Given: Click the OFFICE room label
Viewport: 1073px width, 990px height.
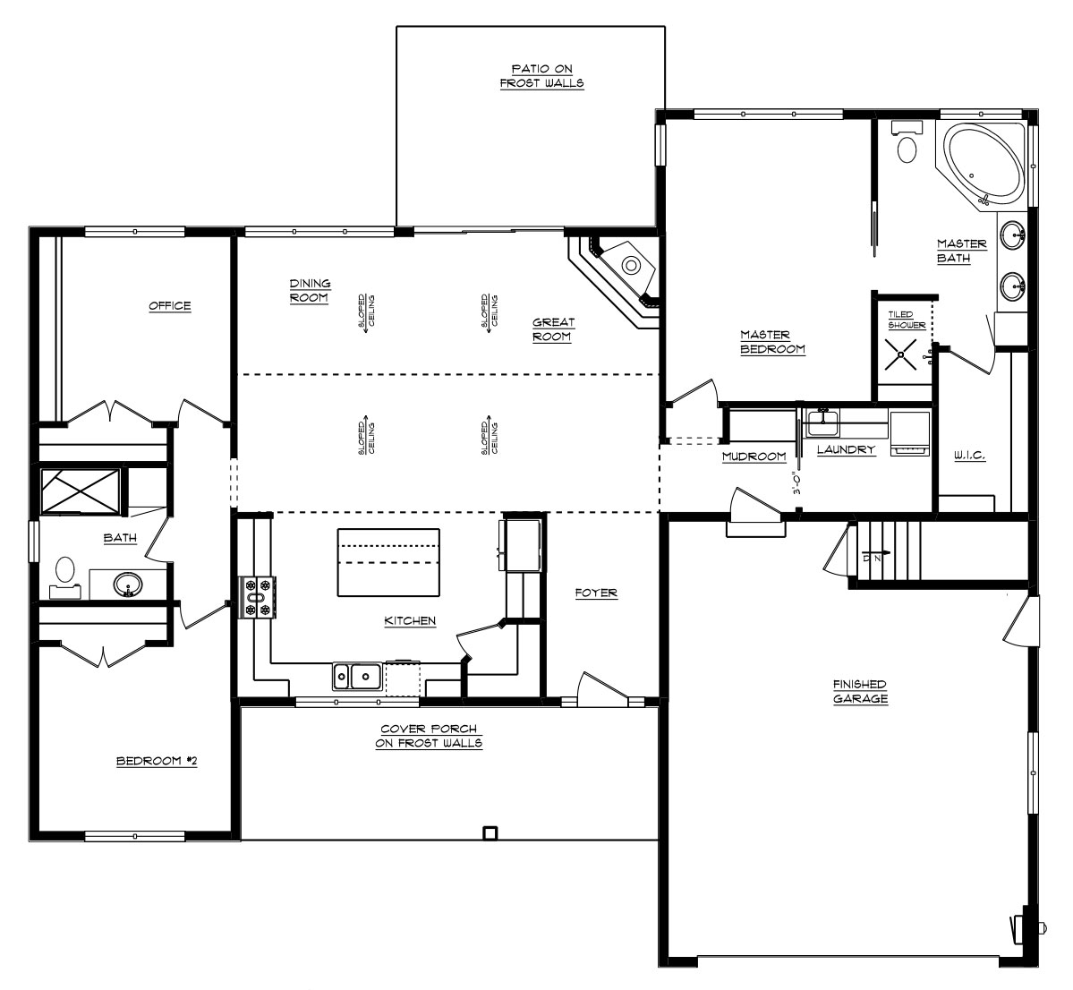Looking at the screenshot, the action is pyautogui.click(x=170, y=306).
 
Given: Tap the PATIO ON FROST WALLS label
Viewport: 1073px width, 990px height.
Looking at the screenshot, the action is pyautogui.click(x=542, y=76).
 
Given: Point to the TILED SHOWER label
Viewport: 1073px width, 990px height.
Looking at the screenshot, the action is pyautogui.click(x=907, y=320).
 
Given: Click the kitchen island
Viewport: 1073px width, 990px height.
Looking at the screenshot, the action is pyautogui.click(x=388, y=562).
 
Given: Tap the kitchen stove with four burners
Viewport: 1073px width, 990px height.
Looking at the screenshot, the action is pyautogui.click(x=258, y=597).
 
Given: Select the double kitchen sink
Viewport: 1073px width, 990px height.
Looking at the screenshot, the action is pyautogui.click(x=357, y=677).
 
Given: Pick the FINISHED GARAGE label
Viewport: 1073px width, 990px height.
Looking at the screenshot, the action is pyautogui.click(x=860, y=692).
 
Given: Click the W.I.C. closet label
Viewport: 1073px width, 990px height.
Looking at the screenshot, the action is pyautogui.click(x=969, y=456).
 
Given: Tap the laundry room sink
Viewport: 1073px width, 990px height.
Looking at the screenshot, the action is pyautogui.click(x=822, y=422).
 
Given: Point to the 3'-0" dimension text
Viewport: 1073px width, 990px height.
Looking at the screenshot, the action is pyautogui.click(x=796, y=482).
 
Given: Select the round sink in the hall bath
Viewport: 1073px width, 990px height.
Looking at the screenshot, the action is pyautogui.click(x=128, y=585).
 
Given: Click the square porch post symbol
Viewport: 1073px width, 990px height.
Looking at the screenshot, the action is pyautogui.click(x=490, y=833).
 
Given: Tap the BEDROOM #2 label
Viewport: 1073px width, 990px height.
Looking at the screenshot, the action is pyautogui.click(x=157, y=761).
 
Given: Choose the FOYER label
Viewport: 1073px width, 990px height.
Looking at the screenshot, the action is pyautogui.click(x=596, y=593).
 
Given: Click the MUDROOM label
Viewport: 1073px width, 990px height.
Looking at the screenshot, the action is pyautogui.click(x=754, y=457).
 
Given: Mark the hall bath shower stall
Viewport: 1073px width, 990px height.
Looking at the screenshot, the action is pyautogui.click(x=81, y=491).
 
